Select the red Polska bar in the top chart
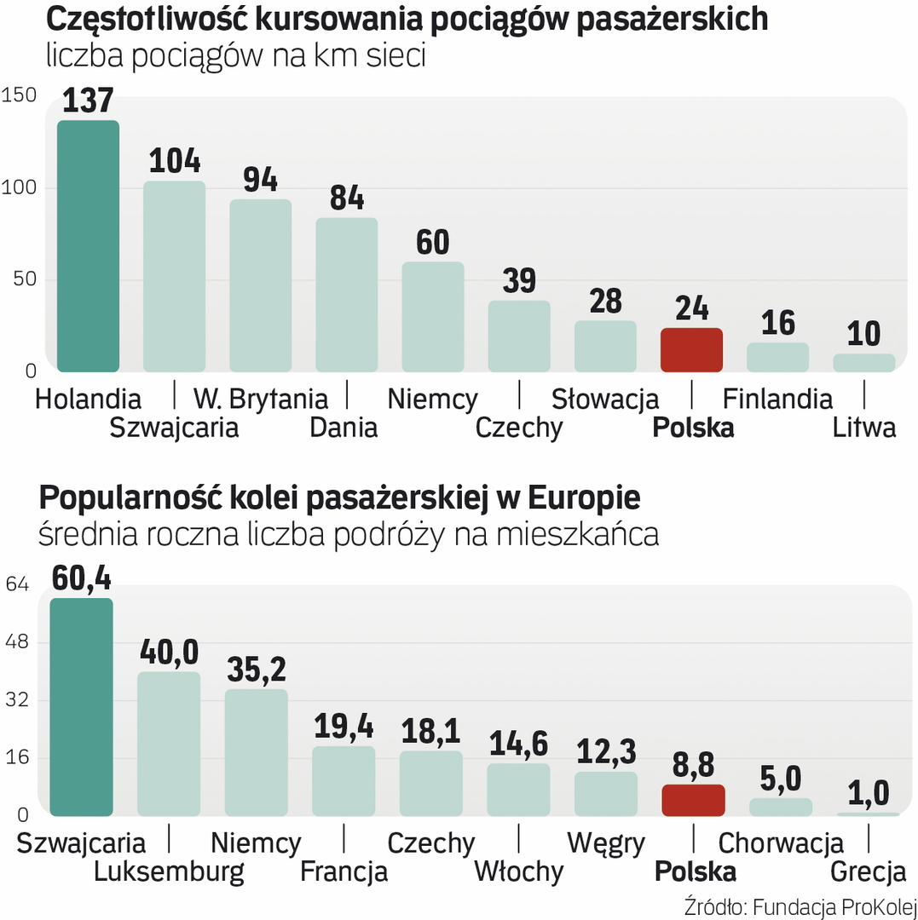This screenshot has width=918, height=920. (x=691, y=349)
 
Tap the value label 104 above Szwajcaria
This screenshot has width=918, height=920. (x=175, y=161)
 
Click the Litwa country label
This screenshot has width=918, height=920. (x=864, y=427)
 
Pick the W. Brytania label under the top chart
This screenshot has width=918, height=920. (x=260, y=398)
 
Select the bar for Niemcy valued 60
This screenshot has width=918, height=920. (x=433, y=316)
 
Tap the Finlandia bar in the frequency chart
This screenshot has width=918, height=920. (x=777, y=357)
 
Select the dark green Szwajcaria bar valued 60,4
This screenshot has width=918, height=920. (x=81, y=706)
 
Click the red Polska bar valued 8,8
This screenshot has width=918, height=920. (x=693, y=800)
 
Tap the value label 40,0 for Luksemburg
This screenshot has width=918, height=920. (x=169, y=653)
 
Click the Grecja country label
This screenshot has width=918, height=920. (x=868, y=871)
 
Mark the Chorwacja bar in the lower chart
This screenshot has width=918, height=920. (x=781, y=807)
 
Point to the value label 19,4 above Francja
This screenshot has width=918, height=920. (x=344, y=727)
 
